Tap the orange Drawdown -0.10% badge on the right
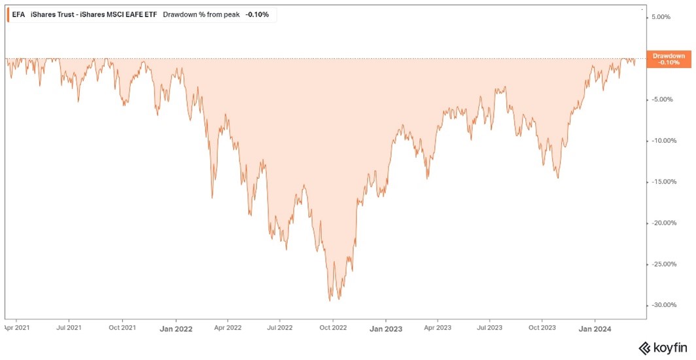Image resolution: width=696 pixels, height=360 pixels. click(x=669, y=59)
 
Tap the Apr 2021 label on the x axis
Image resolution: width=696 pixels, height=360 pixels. click(x=17, y=326)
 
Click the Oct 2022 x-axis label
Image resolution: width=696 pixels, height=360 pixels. click(x=332, y=327)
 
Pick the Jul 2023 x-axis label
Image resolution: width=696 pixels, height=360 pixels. click(x=489, y=326)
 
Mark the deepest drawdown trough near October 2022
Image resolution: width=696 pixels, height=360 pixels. click(x=330, y=300)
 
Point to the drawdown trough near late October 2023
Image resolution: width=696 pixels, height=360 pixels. click(x=558, y=177)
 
